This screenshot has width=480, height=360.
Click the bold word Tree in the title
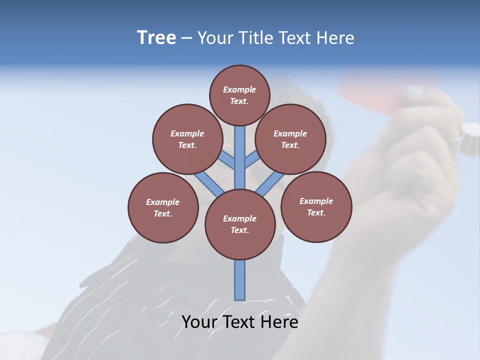(x=156, y=38)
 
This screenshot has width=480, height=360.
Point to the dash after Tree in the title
(x=186, y=38)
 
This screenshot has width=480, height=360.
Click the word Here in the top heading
(x=335, y=38)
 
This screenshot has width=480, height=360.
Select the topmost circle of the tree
(x=239, y=95)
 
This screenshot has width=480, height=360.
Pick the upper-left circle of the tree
(x=187, y=139)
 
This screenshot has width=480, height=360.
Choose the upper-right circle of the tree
(x=290, y=139)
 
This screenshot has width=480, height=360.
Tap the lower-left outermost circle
(x=163, y=207)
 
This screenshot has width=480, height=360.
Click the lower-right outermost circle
(x=316, y=206)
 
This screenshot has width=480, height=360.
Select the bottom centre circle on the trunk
(x=240, y=224)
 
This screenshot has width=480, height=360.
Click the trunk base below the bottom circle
(x=240, y=280)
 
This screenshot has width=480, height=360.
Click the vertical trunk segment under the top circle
(x=240, y=150)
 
